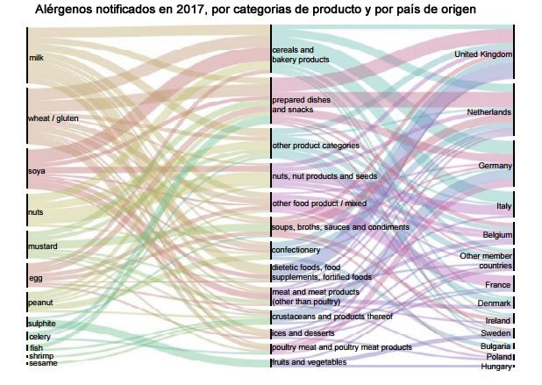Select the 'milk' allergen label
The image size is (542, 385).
pos(37,59)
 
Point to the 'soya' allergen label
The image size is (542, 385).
pos(38,171)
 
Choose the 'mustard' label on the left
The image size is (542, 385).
pos(43,247)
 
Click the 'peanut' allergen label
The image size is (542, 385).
pos(41,302)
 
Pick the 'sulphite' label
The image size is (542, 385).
pos(43,324)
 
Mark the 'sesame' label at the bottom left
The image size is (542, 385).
pos(43,363)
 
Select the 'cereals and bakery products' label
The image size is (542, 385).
pos(300,55)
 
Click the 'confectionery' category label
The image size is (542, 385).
pos(296,250)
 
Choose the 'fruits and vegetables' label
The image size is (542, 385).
pos(309,361)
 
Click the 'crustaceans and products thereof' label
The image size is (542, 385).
pos(332,316)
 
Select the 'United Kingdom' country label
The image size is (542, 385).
pos(482,55)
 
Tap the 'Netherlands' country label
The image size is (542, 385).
pos(489,113)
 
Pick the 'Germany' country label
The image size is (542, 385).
pos(495,166)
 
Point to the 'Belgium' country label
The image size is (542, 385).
pos(497,235)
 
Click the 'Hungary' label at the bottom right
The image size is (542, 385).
pos(496,367)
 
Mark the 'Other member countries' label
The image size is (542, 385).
pos(485,260)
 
